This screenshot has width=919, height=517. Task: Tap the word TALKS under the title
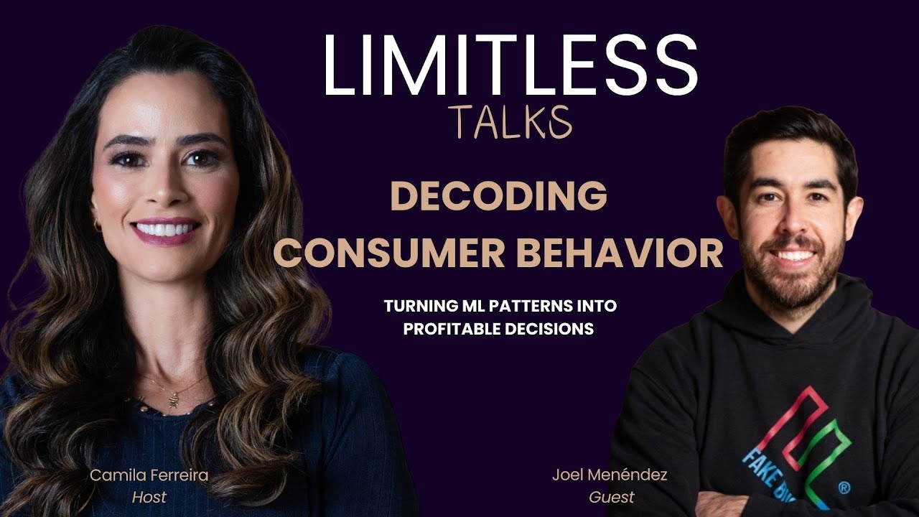pos(510,122)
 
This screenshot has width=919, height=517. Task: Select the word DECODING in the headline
pos(498,196)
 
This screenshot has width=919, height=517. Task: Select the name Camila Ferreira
pos(149,475)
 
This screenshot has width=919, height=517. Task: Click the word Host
pos(149,497)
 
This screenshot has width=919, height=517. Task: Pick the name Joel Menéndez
pos(610,475)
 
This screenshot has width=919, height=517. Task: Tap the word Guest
pos(611,497)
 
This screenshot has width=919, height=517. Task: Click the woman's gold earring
pos(97,225)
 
